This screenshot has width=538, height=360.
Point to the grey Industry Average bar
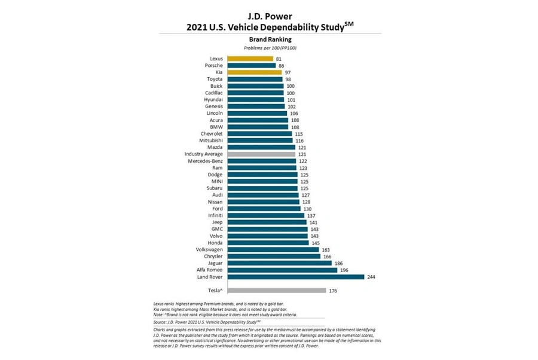coord(260,154)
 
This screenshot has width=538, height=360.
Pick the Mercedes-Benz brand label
coord(206,161)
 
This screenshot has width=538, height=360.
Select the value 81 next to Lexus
coord(279,59)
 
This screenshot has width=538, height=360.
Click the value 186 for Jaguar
coord(338,263)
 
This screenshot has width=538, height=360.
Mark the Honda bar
coord(267,243)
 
